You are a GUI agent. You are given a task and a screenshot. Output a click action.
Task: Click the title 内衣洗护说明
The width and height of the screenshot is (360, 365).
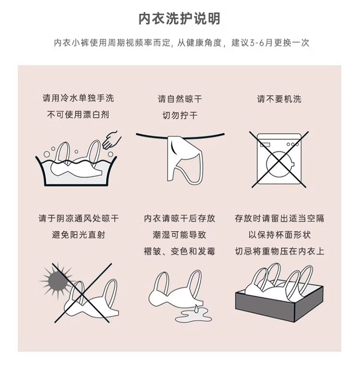[180, 19]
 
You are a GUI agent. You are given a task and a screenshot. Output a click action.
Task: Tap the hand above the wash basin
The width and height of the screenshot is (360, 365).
[112, 140]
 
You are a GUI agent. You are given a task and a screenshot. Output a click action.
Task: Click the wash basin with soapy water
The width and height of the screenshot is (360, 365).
[76, 171]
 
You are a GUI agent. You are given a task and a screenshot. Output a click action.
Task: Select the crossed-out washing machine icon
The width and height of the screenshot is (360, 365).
[279, 159]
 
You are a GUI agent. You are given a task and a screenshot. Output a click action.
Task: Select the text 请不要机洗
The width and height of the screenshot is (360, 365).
[279, 99]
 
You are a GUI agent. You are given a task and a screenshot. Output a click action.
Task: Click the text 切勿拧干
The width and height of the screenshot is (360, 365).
[180, 115]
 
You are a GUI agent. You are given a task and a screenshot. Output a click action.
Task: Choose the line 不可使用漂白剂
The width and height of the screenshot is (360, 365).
[78, 114]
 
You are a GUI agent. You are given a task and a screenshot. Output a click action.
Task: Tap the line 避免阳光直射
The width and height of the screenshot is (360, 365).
[78, 235]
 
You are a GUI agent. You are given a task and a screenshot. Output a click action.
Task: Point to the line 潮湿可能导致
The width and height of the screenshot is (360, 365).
[180, 235]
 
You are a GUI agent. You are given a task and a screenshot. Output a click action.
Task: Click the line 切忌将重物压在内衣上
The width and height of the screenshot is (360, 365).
[279, 251]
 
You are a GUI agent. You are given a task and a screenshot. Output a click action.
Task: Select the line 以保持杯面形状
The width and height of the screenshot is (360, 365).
[279, 235]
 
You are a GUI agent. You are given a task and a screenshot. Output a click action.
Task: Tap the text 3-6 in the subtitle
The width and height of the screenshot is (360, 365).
[257, 43]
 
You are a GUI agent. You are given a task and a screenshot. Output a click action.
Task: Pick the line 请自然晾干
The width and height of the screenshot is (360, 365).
[180, 99]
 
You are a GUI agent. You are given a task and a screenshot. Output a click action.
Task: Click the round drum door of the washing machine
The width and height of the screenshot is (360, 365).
[279, 164]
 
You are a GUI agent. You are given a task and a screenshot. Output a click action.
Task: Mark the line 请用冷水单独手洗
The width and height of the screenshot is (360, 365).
[78, 98]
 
